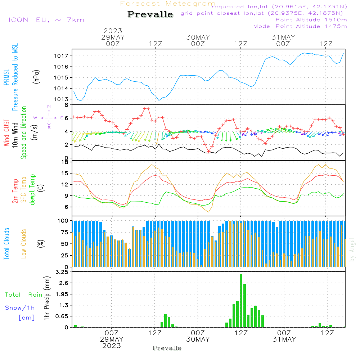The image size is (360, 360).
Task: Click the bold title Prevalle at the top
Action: (150, 14)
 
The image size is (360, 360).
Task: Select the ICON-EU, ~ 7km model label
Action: (46, 20)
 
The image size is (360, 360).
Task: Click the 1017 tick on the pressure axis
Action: (61, 56)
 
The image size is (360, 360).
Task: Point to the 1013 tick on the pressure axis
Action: (61, 99)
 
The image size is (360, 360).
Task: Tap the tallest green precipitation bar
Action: (241, 301)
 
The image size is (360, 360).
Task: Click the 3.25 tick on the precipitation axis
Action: (62, 272)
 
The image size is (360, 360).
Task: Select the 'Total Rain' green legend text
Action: (24, 295)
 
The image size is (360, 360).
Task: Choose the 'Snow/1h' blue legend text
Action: (20, 308)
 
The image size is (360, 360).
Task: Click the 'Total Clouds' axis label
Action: (6, 244)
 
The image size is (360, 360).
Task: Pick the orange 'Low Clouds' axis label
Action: (23, 244)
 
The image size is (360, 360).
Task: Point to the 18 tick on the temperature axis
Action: (65, 162)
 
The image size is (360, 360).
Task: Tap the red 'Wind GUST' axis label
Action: (6, 133)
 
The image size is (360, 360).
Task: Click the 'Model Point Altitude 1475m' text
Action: (300, 26)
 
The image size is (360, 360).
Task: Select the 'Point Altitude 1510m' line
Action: (311, 20)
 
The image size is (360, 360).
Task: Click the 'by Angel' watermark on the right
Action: (352, 249)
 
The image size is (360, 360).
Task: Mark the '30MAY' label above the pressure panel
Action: (198, 37)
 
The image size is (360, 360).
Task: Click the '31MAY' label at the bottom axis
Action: (284, 339)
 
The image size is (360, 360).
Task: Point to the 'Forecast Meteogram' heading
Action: (168, 4)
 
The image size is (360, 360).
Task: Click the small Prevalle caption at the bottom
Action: (167, 348)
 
